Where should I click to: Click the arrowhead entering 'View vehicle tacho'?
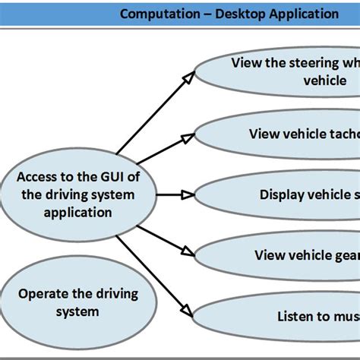188,137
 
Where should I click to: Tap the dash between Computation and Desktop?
202,14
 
